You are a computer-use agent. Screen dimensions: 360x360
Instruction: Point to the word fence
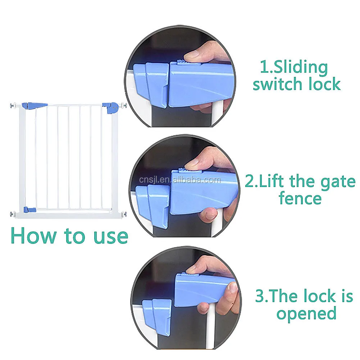coord(300,198)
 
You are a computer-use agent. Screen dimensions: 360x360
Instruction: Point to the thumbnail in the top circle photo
coord(194,54)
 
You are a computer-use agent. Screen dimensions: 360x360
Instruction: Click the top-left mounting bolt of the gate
coord(13,106)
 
